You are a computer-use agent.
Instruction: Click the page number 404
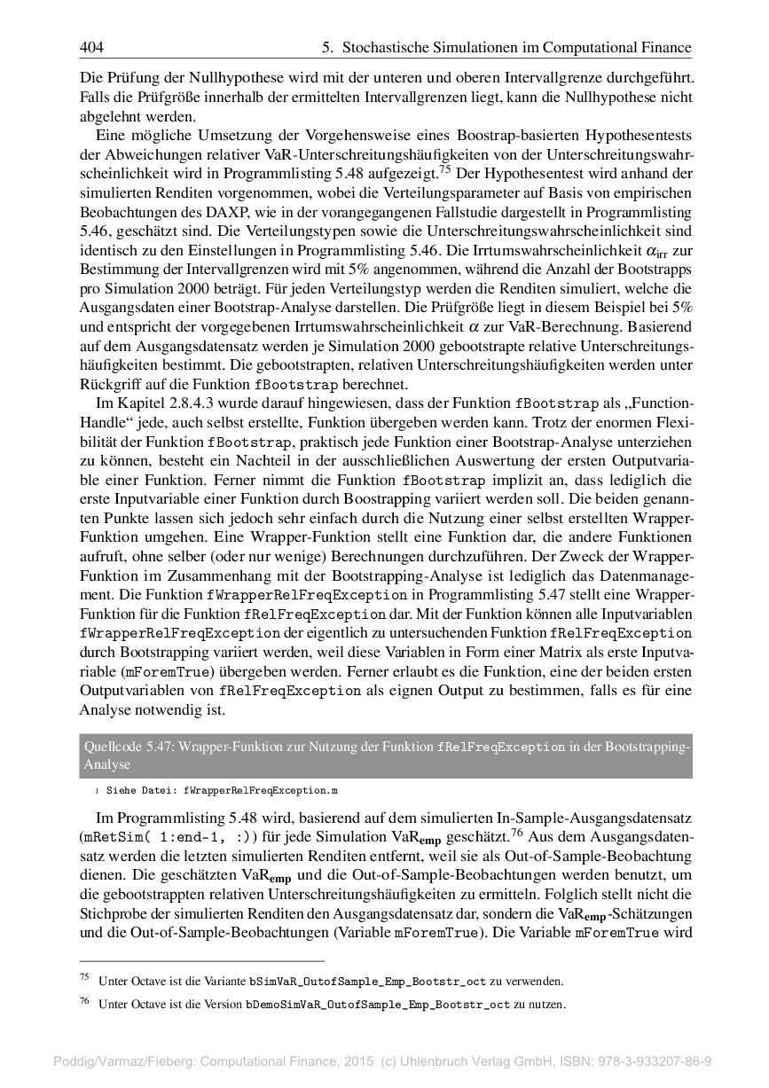pos(91,47)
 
